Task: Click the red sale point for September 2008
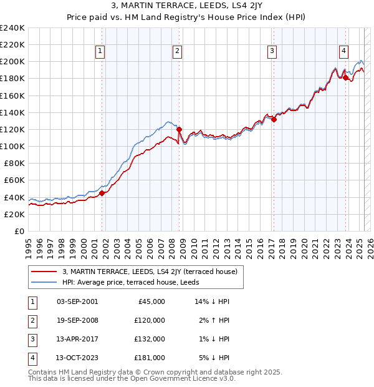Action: coord(179,130)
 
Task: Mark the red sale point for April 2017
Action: coord(274,120)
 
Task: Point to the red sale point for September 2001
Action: coord(102,193)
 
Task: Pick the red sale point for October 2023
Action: coord(345,78)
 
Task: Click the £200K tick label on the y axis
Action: coord(12,62)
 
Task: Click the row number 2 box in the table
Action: coord(31,320)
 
